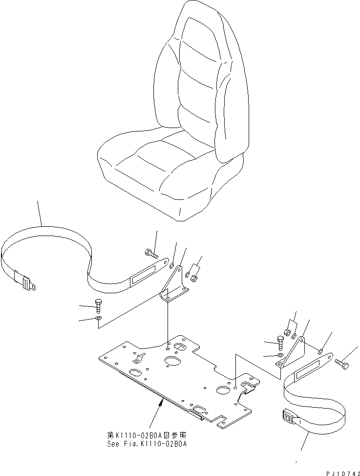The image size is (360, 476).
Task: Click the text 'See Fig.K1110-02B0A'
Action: click(x=147, y=444)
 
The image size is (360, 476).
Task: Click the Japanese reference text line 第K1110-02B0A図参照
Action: click(x=147, y=435)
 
